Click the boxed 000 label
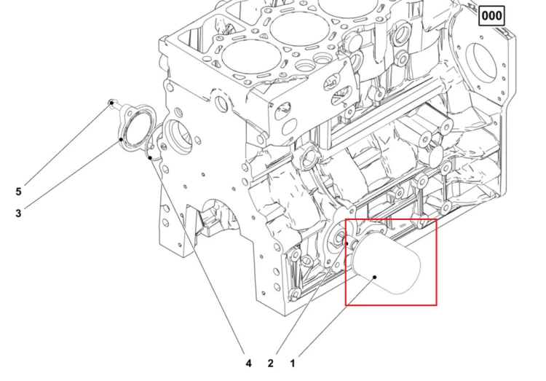491,16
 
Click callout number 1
293,364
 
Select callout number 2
271,364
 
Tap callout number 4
248,364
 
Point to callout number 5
18,192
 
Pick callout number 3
18,213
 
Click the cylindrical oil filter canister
387,264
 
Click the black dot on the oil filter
375,278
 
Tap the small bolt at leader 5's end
111,103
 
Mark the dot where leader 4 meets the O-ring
150,158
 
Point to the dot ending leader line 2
347,243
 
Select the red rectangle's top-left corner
345,219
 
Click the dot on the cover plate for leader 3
121,139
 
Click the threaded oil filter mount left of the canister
337,240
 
